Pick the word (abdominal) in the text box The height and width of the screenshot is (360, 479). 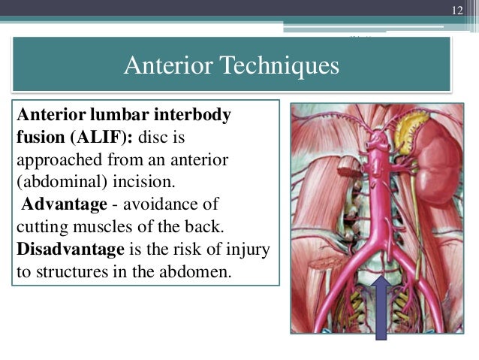[x=53, y=183]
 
